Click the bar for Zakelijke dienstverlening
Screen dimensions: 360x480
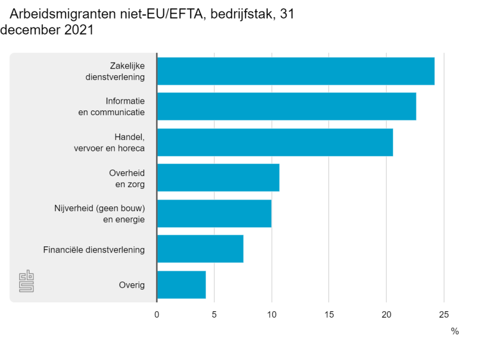point(295,71)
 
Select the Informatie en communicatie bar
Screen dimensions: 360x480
point(286,106)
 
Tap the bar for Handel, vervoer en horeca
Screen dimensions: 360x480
point(275,142)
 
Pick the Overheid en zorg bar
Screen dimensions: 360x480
point(218,178)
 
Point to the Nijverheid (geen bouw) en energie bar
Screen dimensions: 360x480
point(214,213)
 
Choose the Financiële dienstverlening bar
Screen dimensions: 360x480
point(200,249)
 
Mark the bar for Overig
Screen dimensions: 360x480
point(181,285)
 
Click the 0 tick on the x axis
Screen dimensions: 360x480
point(157,314)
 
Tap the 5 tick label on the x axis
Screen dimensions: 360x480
point(214,314)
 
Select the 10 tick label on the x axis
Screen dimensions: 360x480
point(271,314)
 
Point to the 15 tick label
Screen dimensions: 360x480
point(328,314)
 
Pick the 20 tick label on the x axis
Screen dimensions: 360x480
point(386,314)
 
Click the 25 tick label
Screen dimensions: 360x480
point(444,314)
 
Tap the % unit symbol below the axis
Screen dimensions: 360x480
point(455,331)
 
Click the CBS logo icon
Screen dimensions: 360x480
point(26,281)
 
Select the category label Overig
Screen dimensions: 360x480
point(132,285)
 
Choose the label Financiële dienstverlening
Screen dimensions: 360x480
point(94,250)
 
